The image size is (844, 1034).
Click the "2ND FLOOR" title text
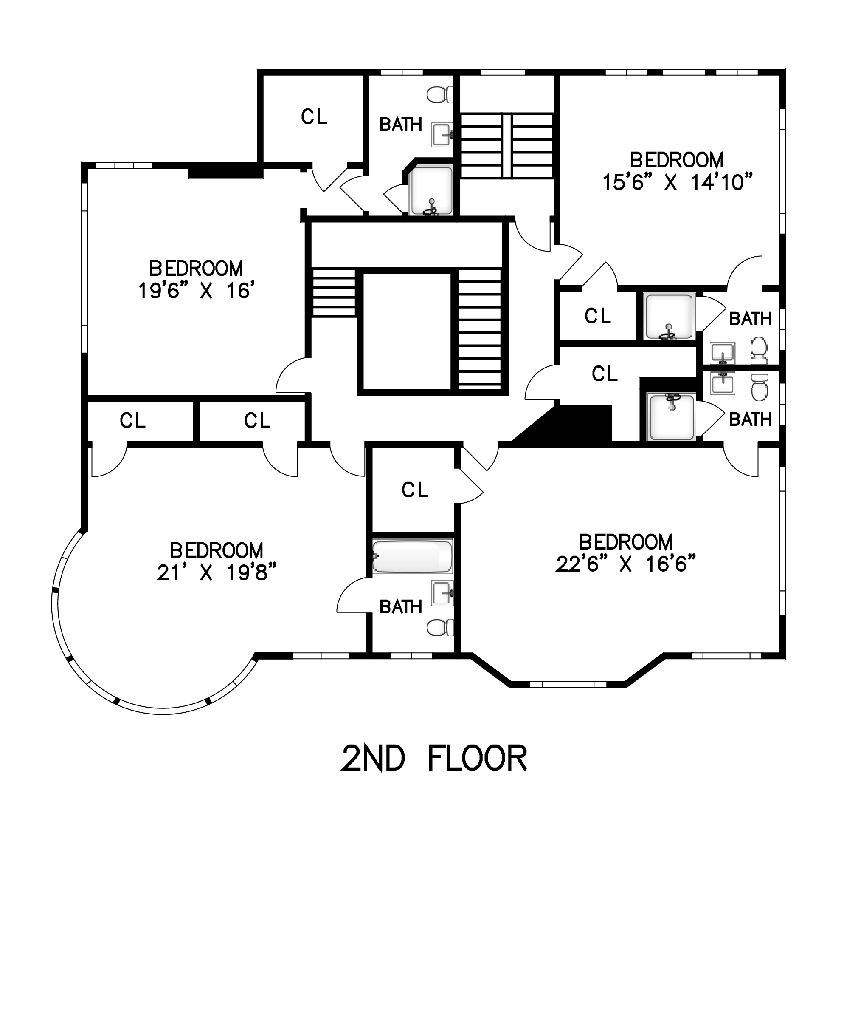pos(434,758)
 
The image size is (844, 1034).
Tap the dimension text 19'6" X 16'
pos(197,291)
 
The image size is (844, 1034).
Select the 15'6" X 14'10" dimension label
pos(677,182)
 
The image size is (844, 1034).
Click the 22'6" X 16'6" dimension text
pos(626,564)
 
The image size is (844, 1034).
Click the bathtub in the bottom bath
pos(413,556)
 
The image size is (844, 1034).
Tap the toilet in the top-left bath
pos(440,94)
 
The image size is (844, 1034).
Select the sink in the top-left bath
pos(442,135)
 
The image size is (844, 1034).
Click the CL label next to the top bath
pos(314,117)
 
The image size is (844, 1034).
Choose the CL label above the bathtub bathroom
pos(415,490)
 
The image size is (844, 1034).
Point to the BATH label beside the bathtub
pos(401,607)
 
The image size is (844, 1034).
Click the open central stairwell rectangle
pos(407,331)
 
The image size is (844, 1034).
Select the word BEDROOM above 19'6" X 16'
pos(196,269)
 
